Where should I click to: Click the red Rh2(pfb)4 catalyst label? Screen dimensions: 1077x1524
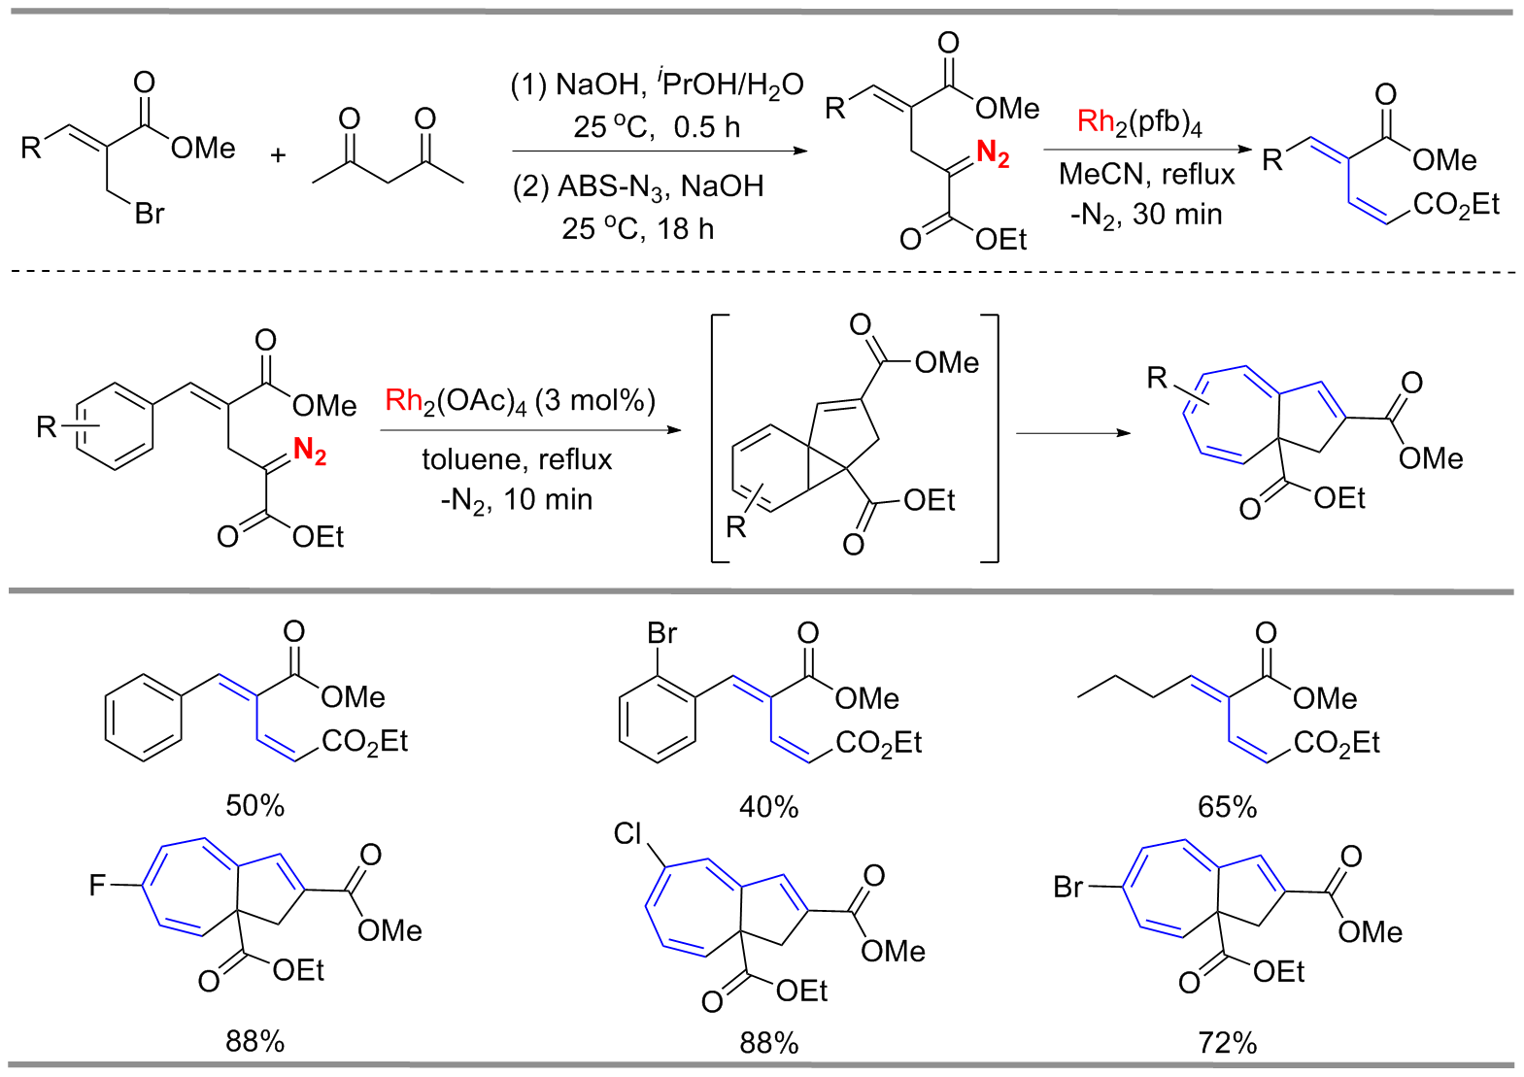click(1139, 123)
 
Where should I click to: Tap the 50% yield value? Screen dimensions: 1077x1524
click(254, 806)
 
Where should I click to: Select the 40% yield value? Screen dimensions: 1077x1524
click(768, 807)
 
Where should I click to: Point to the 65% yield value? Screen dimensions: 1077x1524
click(1227, 807)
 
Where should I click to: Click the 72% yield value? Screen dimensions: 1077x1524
click(1227, 1043)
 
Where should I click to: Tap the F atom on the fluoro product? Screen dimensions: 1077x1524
click(97, 886)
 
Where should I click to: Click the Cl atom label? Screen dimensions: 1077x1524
click(628, 833)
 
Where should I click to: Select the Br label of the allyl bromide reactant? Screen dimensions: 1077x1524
click(150, 214)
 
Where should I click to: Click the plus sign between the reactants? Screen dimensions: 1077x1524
click(278, 155)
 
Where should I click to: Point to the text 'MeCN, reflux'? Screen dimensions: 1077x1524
click(1146, 175)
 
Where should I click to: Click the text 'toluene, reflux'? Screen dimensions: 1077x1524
click(517, 459)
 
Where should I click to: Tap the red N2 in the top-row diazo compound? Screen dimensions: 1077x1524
click(993, 153)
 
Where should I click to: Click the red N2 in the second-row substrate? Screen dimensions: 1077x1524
click(310, 451)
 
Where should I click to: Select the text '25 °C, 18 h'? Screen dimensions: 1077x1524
click(637, 229)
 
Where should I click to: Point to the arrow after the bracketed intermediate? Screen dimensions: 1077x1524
click(1072, 432)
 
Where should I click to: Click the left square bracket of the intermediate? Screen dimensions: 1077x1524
click(717, 438)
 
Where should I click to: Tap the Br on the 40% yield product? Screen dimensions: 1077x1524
click(662, 634)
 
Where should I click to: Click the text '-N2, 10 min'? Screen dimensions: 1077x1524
click(516, 500)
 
